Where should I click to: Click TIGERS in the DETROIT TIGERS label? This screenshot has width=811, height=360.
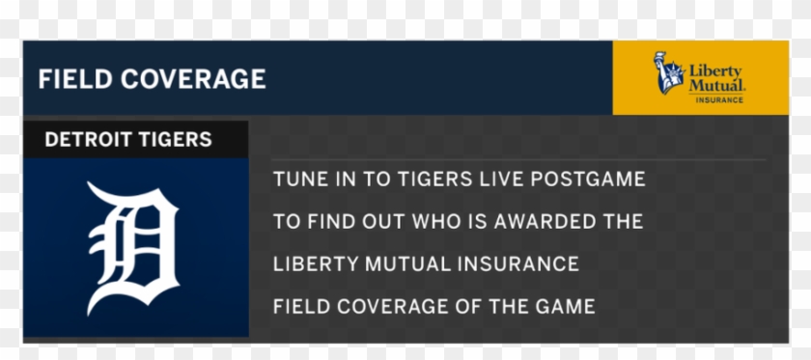(178, 139)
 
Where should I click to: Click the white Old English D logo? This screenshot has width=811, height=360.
(134, 247)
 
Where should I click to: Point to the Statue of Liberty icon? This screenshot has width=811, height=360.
(668, 74)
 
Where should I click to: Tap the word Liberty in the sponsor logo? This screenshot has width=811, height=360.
(715, 70)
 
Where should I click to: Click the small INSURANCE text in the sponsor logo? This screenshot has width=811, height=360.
(719, 99)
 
